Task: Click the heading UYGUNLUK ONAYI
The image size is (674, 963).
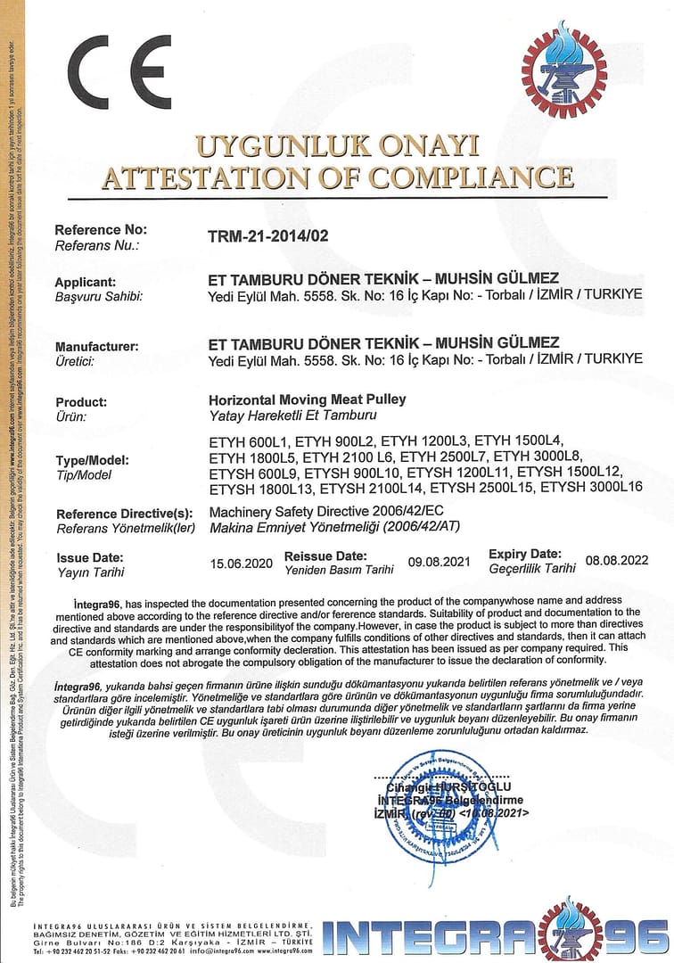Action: pos(338,145)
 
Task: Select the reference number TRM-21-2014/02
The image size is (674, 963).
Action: pos(268,236)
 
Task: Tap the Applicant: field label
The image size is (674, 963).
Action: pos(86,282)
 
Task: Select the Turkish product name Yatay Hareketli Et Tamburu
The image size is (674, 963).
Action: pos(281,416)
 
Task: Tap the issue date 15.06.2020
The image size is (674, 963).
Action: pos(241,563)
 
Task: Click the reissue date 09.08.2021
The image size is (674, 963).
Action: pos(439,562)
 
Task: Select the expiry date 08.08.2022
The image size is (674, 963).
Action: pos(617,561)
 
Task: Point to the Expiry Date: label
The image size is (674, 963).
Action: pos(531,554)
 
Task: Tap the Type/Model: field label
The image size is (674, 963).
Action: pos(91,460)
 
